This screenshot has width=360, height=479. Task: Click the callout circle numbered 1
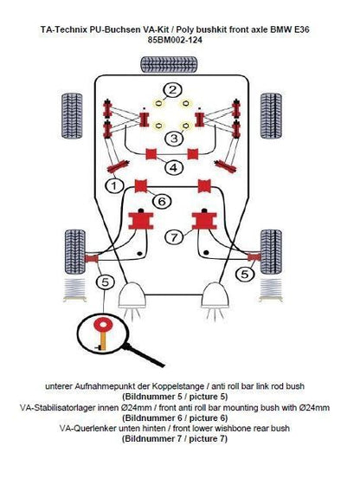[x=113, y=185]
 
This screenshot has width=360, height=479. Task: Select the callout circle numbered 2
[x=172, y=90]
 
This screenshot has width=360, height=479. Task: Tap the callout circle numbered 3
[x=174, y=139]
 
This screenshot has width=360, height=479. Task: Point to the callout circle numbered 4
[x=173, y=167]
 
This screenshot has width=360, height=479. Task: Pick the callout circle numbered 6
[x=162, y=201]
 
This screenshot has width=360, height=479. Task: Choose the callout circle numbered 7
[x=174, y=236]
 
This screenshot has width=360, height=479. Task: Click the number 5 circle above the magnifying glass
[x=105, y=282]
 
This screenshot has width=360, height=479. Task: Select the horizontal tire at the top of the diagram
[x=169, y=65]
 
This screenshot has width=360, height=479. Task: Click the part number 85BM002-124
[x=175, y=40]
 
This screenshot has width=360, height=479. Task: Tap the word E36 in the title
[x=299, y=29]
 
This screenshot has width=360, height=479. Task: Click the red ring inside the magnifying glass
[x=104, y=325]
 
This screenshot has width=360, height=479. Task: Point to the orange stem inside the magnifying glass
[x=103, y=340]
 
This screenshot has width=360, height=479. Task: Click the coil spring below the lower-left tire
[x=74, y=290]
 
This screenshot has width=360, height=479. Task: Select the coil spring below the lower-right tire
[x=271, y=290]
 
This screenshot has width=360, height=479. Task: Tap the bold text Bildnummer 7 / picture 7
[x=175, y=439]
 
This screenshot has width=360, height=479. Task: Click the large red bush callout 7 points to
[x=204, y=221]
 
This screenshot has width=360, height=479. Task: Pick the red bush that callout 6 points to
[x=141, y=185]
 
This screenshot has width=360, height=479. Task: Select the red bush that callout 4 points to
[x=151, y=154]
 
